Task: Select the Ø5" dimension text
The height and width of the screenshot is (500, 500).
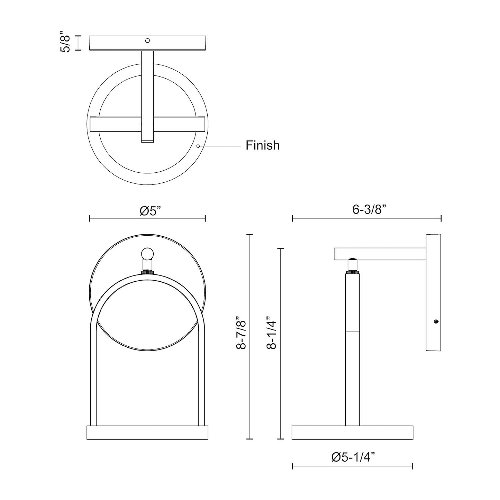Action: point(152,211)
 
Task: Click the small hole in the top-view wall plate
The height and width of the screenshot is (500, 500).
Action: point(147,40)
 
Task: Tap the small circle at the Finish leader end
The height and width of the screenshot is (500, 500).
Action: point(198,146)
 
